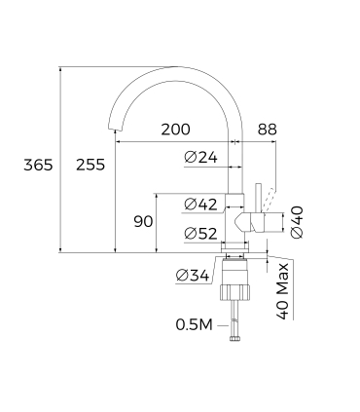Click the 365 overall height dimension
click(37, 165)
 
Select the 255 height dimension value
click(90, 165)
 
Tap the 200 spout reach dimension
click(176, 130)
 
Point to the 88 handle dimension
click(268, 130)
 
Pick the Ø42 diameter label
click(200, 204)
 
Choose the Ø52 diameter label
click(200, 233)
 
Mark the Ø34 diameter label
click(194, 277)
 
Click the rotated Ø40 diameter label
click(297, 221)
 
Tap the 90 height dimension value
click(143, 222)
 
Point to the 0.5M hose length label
click(194, 324)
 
